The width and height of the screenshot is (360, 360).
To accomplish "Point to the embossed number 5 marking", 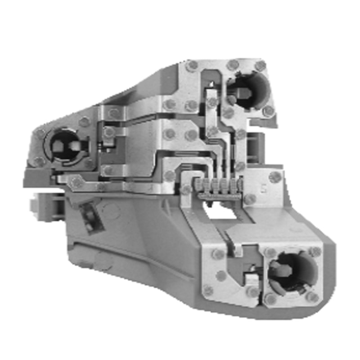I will [262, 189].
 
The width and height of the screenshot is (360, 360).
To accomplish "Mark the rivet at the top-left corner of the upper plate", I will [192, 66].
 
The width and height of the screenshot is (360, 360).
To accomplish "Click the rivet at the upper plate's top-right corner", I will [260, 66].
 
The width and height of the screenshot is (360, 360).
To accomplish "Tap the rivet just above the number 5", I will [274, 177].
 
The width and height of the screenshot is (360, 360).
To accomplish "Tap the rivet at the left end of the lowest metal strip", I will [76, 182].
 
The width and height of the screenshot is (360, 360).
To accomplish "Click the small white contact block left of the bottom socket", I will [252, 280].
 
